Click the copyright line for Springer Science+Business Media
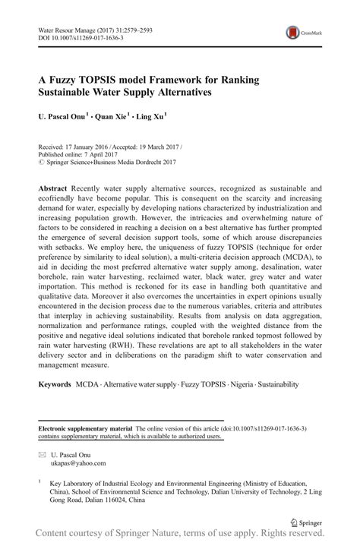(106, 161)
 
